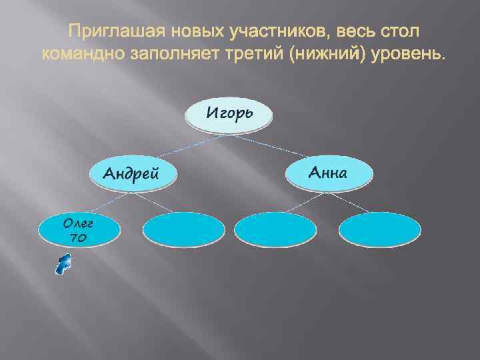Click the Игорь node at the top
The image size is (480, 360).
[x=229, y=114]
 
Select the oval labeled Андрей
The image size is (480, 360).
[x=135, y=173]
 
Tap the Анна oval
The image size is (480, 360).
[x=329, y=173]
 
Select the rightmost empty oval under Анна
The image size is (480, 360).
[x=380, y=230]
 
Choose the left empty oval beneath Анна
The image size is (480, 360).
[x=276, y=230]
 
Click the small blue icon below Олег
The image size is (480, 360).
[x=63, y=264]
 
